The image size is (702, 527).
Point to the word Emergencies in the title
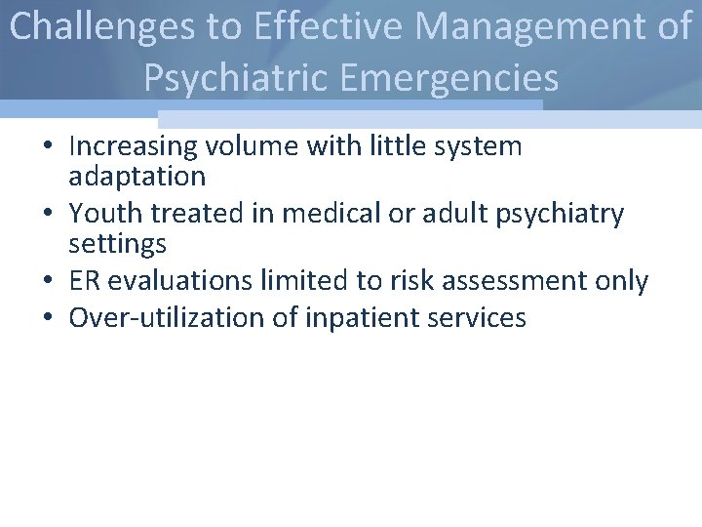point(457,77)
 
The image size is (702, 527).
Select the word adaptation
point(137,177)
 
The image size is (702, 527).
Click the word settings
point(118,243)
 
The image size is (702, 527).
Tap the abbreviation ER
point(86,281)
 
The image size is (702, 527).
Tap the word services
point(478,317)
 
